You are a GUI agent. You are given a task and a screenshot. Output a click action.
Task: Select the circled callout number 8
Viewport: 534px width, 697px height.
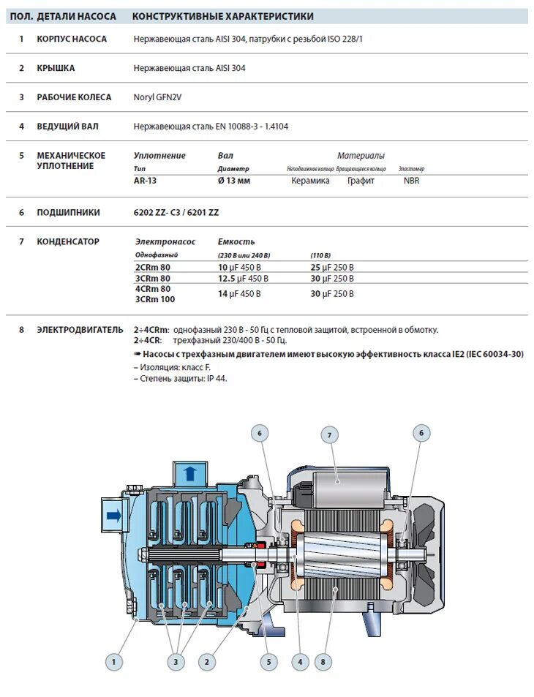point(323,663)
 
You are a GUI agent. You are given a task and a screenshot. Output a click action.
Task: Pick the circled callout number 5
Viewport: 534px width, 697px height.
point(268,663)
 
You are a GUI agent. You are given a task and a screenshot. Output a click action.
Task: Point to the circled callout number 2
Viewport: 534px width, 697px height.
point(208,663)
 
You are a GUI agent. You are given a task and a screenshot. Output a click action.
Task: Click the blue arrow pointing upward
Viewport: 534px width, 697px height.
point(189,472)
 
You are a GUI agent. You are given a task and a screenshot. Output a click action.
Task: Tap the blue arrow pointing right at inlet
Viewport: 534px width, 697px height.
point(114,516)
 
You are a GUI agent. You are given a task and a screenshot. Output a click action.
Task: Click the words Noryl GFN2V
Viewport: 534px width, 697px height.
point(157,97)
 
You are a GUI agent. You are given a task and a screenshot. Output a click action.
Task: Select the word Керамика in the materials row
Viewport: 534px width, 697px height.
point(310,181)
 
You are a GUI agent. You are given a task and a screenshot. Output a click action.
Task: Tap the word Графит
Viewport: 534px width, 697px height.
point(361,181)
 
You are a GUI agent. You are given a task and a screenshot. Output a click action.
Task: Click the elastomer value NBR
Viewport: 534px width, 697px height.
point(412,181)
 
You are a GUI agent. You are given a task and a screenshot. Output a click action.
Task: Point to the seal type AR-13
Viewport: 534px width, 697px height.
point(146,181)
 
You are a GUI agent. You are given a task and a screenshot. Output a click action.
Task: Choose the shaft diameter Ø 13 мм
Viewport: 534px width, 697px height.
point(234,181)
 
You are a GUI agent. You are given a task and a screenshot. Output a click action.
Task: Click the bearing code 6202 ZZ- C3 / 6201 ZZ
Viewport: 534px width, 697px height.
point(176,213)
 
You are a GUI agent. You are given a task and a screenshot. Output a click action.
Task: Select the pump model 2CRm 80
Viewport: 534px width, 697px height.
point(153,268)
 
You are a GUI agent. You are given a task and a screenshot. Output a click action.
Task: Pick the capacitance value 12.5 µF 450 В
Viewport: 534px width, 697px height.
point(244,279)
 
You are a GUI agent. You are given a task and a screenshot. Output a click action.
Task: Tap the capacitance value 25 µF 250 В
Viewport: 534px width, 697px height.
point(332,268)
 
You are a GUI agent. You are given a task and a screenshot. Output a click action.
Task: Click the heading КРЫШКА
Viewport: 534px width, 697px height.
point(56,68)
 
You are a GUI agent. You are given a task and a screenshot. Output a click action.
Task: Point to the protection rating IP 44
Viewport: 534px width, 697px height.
point(217,379)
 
